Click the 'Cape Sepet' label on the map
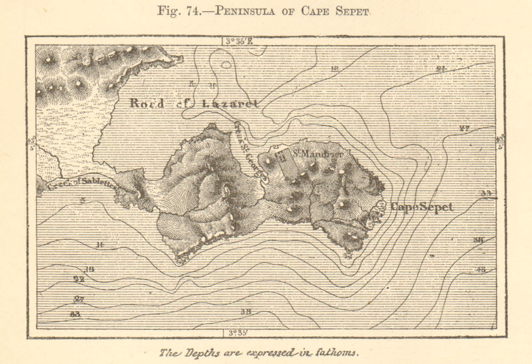[422, 207]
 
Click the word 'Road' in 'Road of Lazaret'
[147, 103]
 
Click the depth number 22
[79, 279]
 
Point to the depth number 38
[245, 311]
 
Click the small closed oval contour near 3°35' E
[226, 65]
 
